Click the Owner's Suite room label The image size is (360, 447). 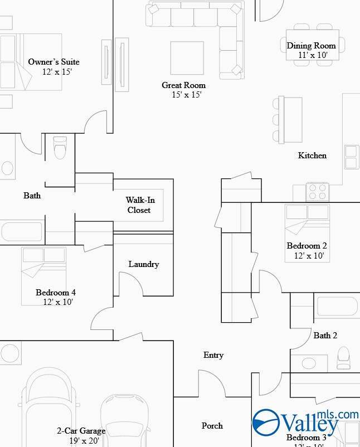(54, 62)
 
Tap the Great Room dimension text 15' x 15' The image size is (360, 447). (186, 95)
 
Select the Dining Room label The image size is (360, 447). (312, 46)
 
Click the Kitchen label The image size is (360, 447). (312, 156)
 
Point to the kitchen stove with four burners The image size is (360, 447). (318, 192)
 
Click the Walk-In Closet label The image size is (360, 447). (139, 205)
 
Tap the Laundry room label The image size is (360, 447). (144, 264)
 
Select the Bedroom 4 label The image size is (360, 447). (56, 293)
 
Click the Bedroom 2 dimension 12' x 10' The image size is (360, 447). (309, 256)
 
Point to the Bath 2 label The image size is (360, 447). (325, 336)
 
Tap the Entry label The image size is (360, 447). (213, 355)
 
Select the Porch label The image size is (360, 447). (212, 426)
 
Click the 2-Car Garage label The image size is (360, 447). (81, 431)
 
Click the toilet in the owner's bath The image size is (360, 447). (59, 148)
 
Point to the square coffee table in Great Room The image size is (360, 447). (187, 57)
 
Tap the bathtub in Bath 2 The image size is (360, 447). (337, 307)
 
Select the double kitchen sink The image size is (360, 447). (352, 157)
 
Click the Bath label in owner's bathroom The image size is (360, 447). (32, 196)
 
